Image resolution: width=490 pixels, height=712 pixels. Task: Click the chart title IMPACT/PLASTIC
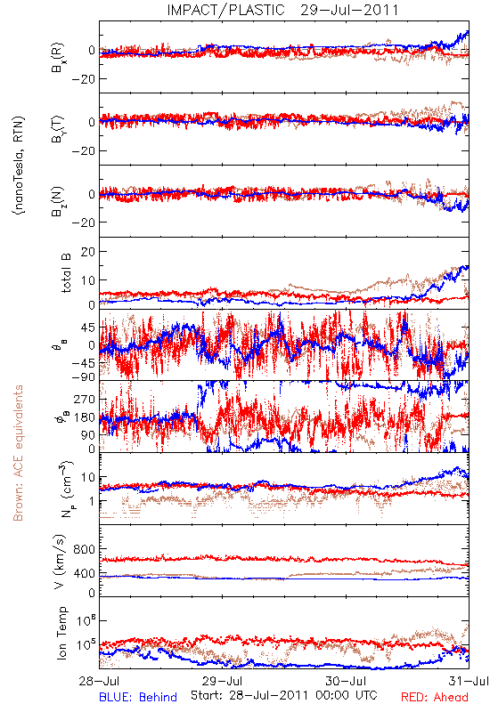click(226, 10)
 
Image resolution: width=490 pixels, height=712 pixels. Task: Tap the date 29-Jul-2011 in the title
click(349, 10)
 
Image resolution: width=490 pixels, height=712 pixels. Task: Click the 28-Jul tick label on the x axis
click(99, 681)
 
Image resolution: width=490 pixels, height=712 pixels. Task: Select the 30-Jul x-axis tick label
click(346, 681)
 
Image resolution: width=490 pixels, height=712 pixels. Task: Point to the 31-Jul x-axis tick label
click(469, 681)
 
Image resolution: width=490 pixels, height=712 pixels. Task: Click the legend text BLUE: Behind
click(138, 697)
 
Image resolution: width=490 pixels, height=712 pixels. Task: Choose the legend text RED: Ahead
click(435, 697)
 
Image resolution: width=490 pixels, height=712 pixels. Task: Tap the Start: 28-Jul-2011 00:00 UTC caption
click(283, 695)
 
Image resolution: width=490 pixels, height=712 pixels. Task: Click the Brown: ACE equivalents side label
click(18, 453)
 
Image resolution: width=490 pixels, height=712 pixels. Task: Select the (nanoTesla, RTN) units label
click(19, 166)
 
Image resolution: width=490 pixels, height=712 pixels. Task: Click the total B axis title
click(66, 273)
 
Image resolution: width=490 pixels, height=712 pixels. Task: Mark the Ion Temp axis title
click(61, 633)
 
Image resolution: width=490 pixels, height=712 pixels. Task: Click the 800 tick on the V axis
click(84, 549)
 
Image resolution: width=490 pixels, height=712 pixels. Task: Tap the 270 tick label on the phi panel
click(85, 399)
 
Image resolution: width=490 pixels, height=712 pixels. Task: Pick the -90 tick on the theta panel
click(83, 377)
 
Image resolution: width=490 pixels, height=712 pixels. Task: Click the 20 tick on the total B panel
click(88, 252)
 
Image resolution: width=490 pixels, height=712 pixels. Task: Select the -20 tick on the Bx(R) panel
click(83, 79)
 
